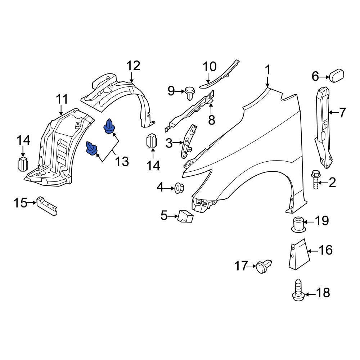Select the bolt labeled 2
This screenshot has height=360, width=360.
pyautogui.click(x=315, y=180)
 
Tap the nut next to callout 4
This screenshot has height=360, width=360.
pyautogui.click(x=179, y=187)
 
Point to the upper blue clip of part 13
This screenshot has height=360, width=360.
pyautogui.click(x=109, y=127)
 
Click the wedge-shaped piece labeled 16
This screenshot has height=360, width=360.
pyautogui.click(x=297, y=254)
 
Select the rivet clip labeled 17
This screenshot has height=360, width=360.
pyautogui.click(x=264, y=266)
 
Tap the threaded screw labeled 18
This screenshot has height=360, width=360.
pyautogui.click(x=298, y=290)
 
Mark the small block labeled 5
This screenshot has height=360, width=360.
pyautogui.click(x=185, y=216)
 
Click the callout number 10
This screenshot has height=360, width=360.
pyautogui.click(x=210, y=67)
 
